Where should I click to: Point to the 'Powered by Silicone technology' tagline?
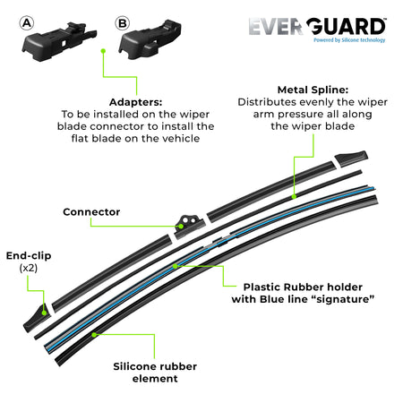347,40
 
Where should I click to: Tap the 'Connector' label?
93,212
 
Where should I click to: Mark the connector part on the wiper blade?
189,222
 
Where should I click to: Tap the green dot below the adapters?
104,52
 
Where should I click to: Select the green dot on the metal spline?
293,193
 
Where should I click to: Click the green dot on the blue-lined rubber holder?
176,265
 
